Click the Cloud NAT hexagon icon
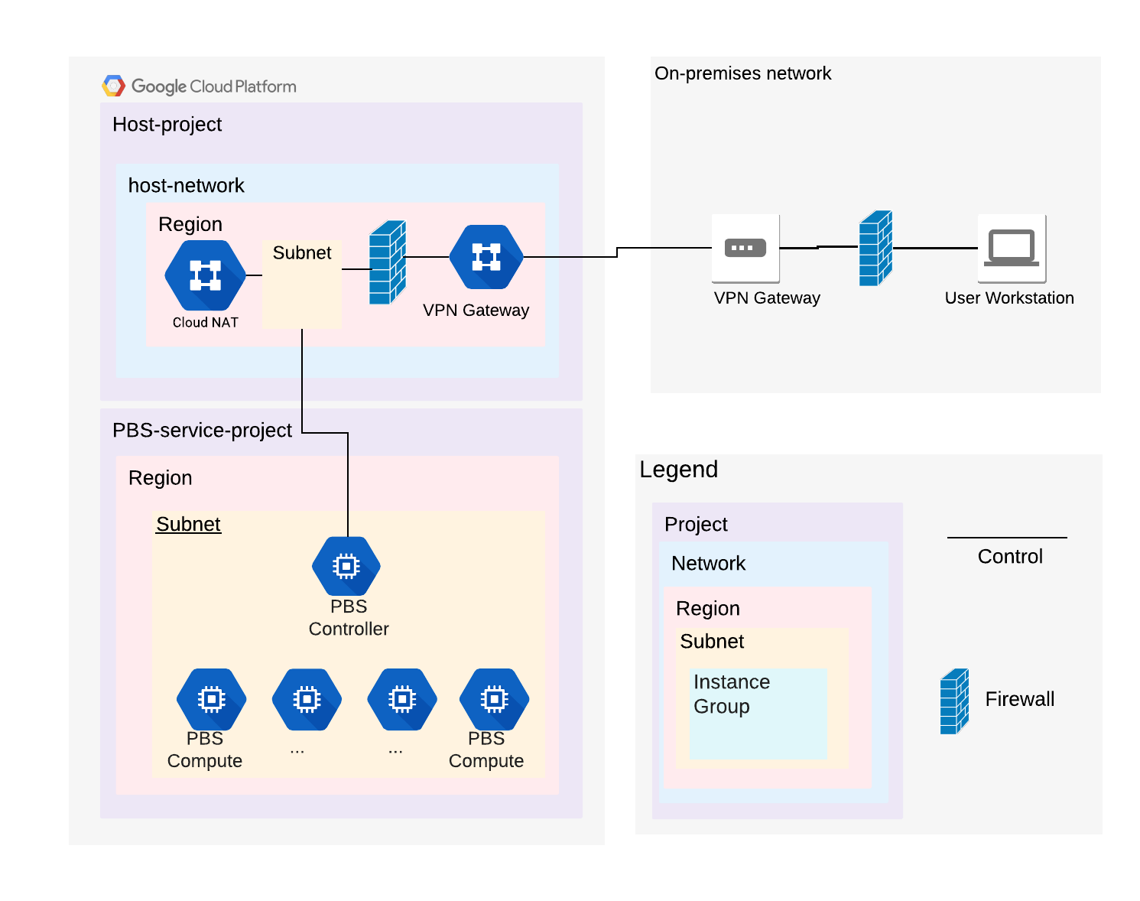205,275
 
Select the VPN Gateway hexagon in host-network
486,257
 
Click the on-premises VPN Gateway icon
745,248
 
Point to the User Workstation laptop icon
1012,248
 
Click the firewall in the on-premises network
875,249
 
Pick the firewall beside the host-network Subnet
387,262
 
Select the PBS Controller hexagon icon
346,566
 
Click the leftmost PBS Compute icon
211,699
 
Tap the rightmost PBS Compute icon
494,699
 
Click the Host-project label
167,125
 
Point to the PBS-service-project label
202,431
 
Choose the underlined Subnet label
188,524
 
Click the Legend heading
678,469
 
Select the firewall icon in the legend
954,701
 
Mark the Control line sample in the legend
1007,538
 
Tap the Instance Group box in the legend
758,714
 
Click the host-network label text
186,186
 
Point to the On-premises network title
742,73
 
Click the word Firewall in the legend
1019,699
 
